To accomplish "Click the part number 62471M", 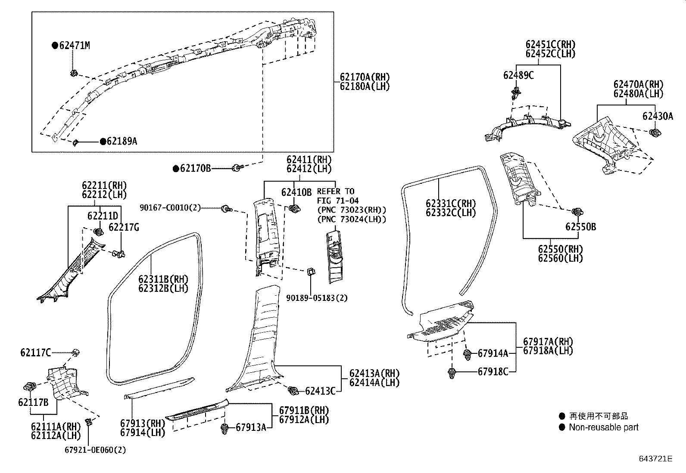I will (74, 45).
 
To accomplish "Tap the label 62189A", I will (122, 141).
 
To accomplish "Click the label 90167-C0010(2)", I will (170, 208).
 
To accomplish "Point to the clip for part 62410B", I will (295, 209).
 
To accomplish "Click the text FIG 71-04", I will (338, 201).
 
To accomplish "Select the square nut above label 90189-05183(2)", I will (310, 271).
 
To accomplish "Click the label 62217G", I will (124, 227).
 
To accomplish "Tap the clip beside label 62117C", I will (76, 352).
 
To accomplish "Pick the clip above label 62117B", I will (31, 386).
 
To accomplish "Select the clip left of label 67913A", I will (224, 428).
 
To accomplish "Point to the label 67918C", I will (493, 371).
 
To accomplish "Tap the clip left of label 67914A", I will (468, 354).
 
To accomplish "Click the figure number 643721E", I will (655, 459).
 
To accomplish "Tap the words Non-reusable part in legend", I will (603, 427).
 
